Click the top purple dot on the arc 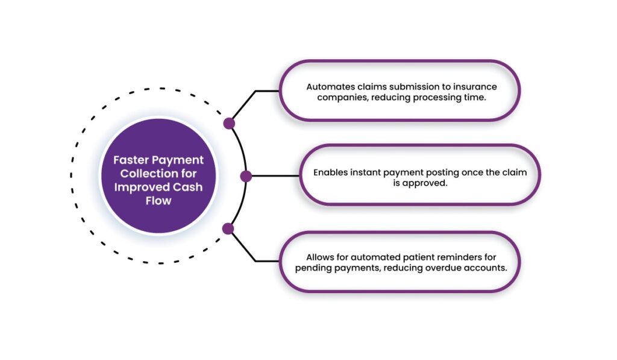tap(229, 124)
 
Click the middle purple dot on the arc tap(246, 176)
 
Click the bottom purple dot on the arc tap(228, 229)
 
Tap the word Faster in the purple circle tap(131, 160)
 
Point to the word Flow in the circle tap(158, 201)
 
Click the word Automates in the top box tap(328, 86)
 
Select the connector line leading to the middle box tap(274, 176)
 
